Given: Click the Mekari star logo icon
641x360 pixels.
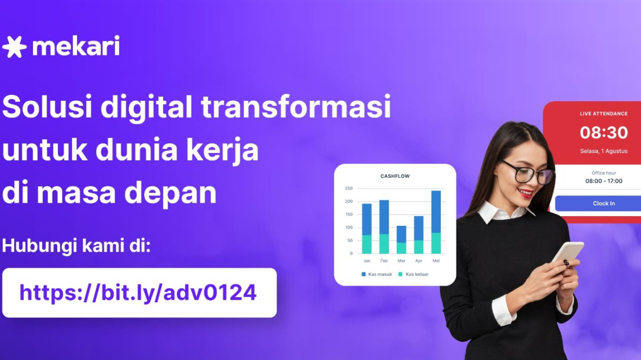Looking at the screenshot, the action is [x=14, y=47].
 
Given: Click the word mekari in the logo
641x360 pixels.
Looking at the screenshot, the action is [x=76, y=46].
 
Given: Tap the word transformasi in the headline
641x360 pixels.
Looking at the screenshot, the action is [x=296, y=106].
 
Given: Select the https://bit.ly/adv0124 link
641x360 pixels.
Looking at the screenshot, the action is [x=138, y=293].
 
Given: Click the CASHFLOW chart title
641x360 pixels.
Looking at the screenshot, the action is [x=395, y=176].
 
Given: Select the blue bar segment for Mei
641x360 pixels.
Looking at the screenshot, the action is [x=436, y=212].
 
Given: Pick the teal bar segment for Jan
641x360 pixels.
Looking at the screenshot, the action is [x=366, y=244].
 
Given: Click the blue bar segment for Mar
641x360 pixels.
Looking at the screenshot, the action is [x=401, y=234].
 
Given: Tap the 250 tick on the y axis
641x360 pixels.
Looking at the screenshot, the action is [x=349, y=188].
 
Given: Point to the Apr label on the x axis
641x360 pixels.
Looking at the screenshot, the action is [x=419, y=261].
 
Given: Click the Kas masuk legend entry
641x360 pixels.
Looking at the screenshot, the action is [x=377, y=274].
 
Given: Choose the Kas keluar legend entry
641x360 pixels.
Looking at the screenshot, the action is [x=413, y=274].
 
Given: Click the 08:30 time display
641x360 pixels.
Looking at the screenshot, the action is [x=604, y=133].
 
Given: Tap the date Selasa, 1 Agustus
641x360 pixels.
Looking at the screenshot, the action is [x=604, y=151].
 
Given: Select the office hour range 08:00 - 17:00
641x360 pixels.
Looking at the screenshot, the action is [x=604, y=181].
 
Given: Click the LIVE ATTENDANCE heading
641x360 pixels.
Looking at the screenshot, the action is [x=604, y=113].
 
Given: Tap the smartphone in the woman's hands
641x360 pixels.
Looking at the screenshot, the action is [x=568, y=253].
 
